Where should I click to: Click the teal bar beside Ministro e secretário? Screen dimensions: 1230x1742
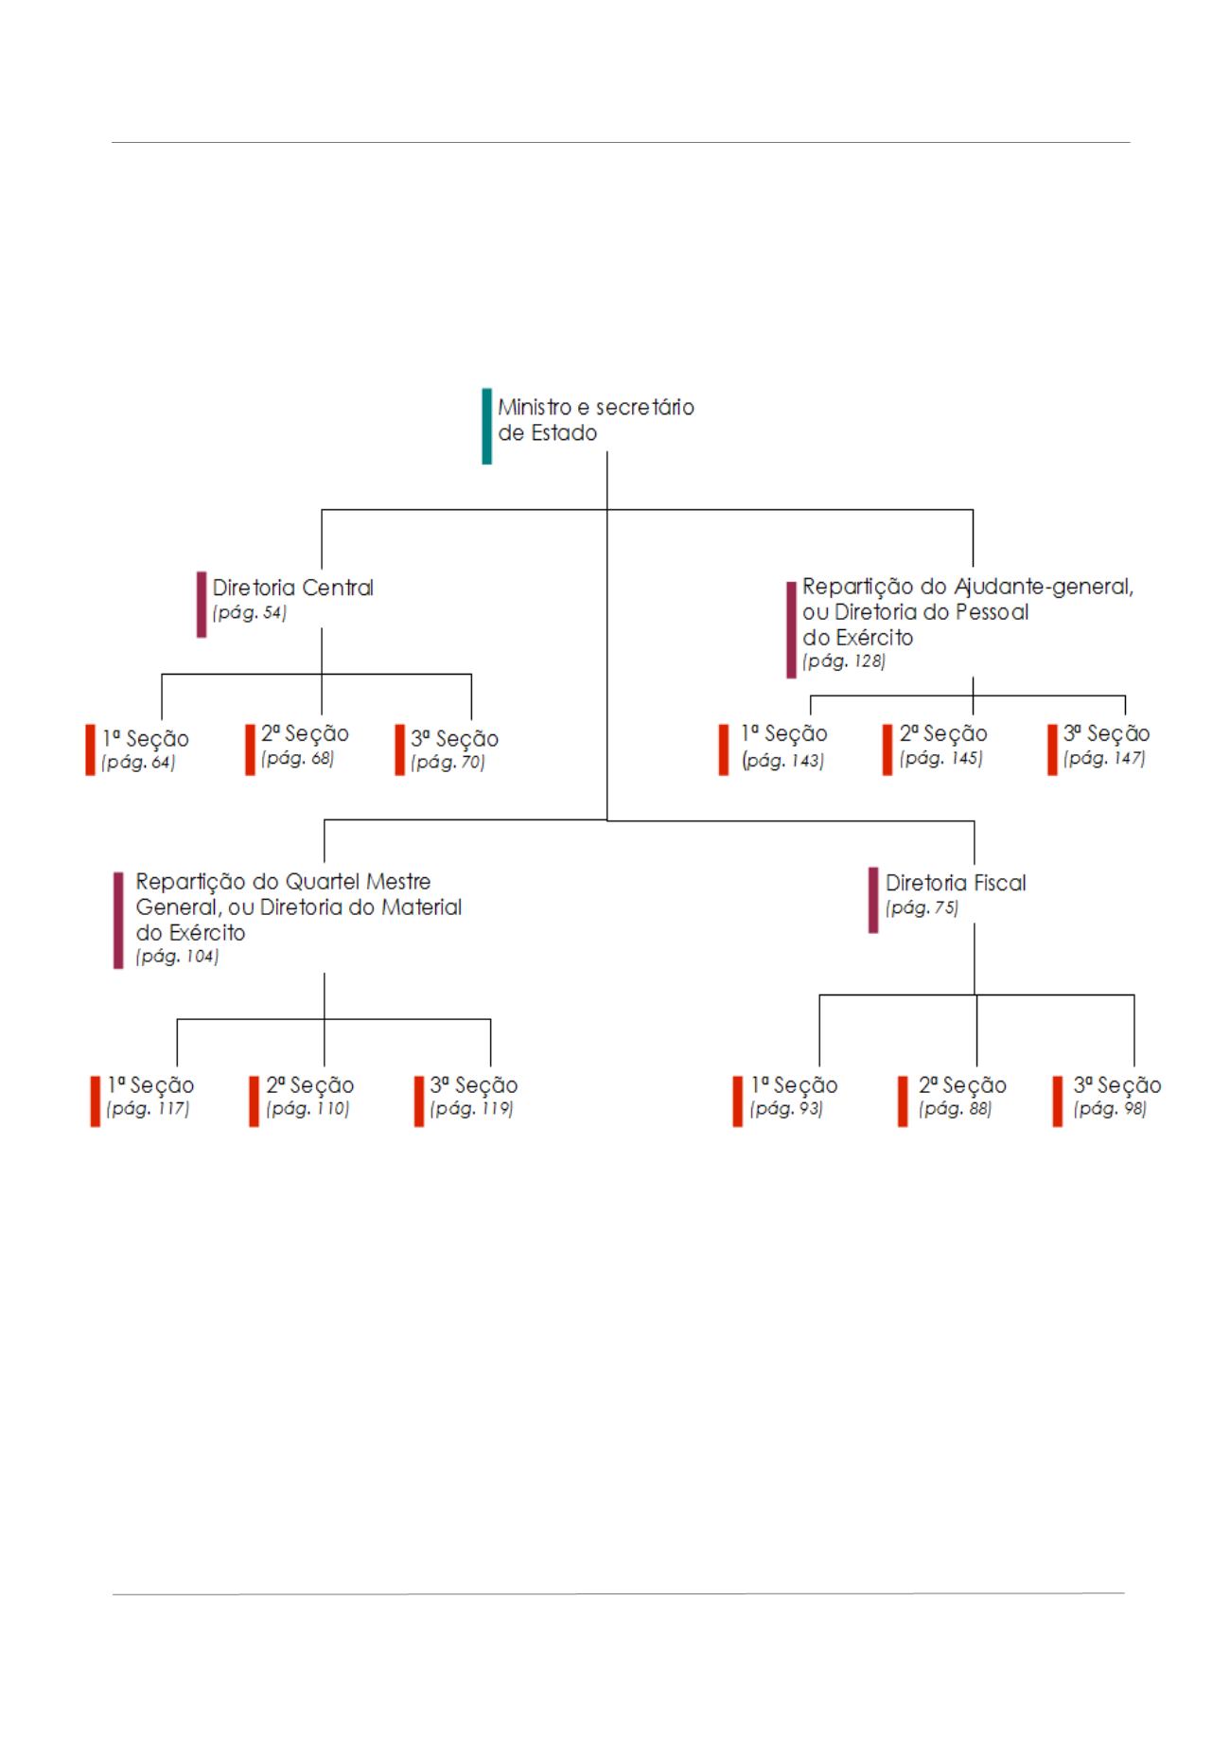coord(486,426)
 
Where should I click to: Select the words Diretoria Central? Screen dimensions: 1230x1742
coord(292,588)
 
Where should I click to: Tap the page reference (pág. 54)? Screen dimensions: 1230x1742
coord(249,613)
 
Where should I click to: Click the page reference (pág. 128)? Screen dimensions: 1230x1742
coord(843,661)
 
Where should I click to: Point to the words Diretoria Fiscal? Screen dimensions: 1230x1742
coord(956,883)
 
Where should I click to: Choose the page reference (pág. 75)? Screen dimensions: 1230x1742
coord(922,908)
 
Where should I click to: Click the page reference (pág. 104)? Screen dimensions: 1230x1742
coord(177,957)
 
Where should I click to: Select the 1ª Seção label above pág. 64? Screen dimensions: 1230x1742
coord(146,739)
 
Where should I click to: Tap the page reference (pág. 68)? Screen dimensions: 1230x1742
coord(297,759)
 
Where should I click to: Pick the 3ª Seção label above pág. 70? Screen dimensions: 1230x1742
coord(454,739)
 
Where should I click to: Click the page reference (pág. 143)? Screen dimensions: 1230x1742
coord(782,761)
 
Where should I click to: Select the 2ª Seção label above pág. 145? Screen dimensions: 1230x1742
coord(943,734)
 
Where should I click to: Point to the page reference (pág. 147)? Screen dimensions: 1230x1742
coord(1104,759)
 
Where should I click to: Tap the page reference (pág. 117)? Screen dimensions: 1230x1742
coord(148,1109)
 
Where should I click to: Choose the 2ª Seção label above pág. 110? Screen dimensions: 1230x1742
coord(309,1085)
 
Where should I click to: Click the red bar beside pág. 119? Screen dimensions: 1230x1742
coord(418,1101)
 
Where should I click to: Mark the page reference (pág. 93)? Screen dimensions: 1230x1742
coord(786,1109)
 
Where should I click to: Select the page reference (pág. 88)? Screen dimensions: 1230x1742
coord(955,1109)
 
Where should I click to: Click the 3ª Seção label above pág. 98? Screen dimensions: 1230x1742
coord(1116,1085)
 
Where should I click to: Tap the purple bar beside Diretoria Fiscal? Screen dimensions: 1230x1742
coord(873,900)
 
